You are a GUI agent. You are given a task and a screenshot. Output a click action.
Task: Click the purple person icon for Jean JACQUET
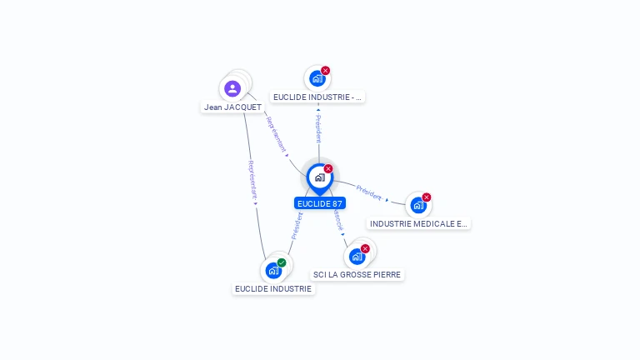pyautogui.click(x=232, y=88)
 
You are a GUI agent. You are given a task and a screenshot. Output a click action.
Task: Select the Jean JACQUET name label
pyautogui.click(x=232, y=107)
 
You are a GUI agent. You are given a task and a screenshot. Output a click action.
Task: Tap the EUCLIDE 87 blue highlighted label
pyautogui.click(x=320, y=203)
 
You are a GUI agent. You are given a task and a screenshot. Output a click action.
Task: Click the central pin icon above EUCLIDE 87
pyautogui.click(x=319, y=177)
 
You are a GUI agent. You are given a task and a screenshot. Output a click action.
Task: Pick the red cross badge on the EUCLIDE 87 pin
pyautogui.click(x=328, y=169)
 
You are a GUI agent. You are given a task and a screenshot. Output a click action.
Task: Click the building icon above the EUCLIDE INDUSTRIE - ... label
pyautogui.click(x=317, y=79)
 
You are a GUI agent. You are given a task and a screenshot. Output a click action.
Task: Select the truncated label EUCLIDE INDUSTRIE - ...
pyautogui.click(x=317, y=97)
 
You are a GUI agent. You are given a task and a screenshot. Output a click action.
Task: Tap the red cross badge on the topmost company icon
pyautogui.click(x=326, y=71)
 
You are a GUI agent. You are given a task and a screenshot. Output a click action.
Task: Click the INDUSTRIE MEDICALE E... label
pyautogui.click(x=418, y=223)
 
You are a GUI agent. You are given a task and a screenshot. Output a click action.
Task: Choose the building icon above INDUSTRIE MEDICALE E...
pyautogui.click(x=417, y=205)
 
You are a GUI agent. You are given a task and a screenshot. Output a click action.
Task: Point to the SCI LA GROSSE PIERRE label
pyautogui.click(x=357, y=274)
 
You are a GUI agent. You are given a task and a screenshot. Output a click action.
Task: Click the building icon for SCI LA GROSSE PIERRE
pyautogui.click(x=357, y=256)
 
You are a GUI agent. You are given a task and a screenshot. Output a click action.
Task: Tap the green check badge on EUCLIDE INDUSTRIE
pyautogui.click(x=282, y=262)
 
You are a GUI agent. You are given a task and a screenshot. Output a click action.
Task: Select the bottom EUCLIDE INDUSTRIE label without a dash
pyautogui.click(x=273, y=288)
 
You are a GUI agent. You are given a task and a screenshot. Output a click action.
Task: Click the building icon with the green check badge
pyautogui.click(x=272, y=271)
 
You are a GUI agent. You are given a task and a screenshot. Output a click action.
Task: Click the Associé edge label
pyautogui.click(x=337, y=220)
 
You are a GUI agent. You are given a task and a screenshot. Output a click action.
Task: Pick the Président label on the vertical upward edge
pyautogui.click(x=318, y=128)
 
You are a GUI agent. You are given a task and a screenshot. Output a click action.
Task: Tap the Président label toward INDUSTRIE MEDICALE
pyautogui.click(x=368, y=192)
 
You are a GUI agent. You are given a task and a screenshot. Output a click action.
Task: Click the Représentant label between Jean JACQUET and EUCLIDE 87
pyautogui.click(x=276, y=133)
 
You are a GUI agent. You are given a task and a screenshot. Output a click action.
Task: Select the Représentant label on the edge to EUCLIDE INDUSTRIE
pyautogui.click(x=252, y=179)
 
